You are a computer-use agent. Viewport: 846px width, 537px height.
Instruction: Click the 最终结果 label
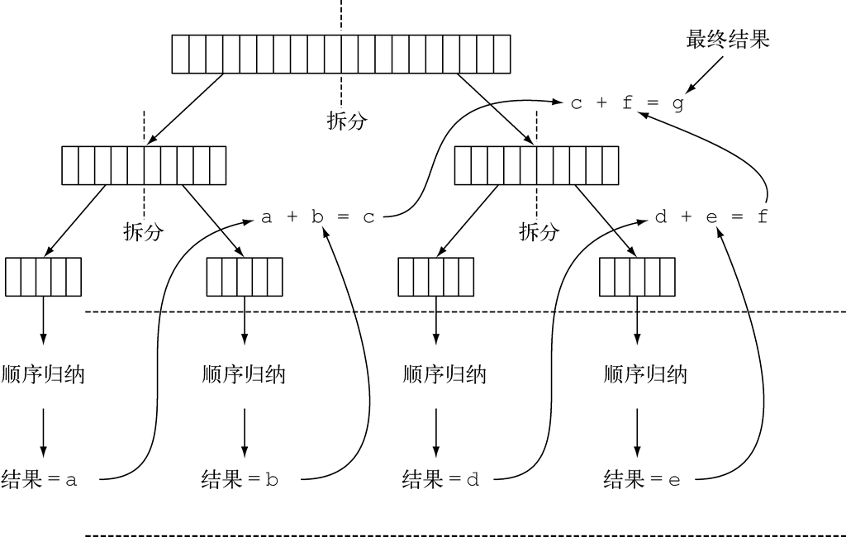(728, 39)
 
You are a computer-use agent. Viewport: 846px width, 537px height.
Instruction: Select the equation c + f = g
(627, 104)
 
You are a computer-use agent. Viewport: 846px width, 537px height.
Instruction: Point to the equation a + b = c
(318, 217)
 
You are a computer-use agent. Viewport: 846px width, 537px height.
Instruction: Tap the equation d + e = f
(711, 217)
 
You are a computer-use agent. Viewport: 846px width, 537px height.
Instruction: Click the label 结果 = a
(40, 479)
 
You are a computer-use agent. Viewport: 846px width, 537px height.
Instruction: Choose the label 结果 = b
(240, 479)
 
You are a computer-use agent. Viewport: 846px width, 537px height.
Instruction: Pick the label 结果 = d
(440, 479)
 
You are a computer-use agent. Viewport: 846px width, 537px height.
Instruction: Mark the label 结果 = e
(642, 479)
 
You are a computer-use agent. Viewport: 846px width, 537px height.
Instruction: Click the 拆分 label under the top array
(347, 121)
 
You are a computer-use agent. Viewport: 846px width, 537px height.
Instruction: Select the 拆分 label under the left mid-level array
(143, 232)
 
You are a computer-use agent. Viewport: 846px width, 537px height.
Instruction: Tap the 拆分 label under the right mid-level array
(539, 232)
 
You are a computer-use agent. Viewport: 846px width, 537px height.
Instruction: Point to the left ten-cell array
(144, 165)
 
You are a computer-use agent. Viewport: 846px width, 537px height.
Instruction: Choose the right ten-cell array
(536, 165)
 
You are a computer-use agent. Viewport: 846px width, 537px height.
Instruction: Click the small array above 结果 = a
(43, 277)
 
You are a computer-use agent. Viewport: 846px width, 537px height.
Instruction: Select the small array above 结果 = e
(636, 277)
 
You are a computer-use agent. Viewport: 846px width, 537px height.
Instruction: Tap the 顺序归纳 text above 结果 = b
(244, 374)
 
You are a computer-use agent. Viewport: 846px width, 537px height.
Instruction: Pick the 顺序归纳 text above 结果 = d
(444, 374)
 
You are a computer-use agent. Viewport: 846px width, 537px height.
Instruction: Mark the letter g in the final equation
(677, 105)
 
